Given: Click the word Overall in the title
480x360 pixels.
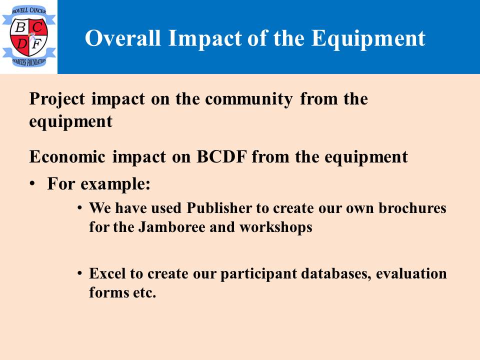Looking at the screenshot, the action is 123,38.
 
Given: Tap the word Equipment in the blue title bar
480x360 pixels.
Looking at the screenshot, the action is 368,39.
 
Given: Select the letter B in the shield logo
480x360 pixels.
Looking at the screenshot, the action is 20,27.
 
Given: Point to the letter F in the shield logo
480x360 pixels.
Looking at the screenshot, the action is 36,44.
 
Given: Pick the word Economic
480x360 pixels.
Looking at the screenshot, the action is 67,156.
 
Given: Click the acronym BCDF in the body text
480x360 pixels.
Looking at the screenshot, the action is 221,156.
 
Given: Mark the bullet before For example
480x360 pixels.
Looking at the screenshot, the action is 32,184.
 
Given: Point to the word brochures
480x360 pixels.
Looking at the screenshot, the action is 412,208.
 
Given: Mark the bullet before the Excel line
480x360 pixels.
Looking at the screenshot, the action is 79,273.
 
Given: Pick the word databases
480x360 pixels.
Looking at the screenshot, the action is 336,273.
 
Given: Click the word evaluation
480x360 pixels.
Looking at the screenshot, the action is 411,273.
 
